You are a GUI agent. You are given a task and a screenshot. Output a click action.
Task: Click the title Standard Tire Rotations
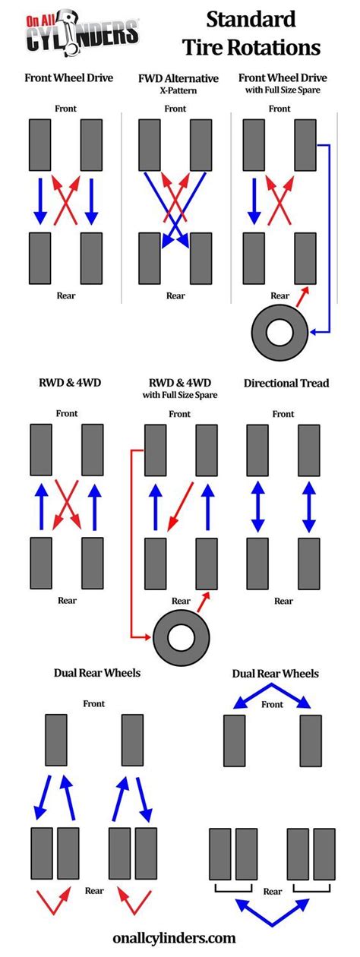pyautogui.click(x=251, y=33)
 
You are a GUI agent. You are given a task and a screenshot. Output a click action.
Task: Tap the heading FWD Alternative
pyautogui.click(x=178, y=77)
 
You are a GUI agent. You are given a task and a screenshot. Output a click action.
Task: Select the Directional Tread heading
pyautogui.click(x=286, y=383)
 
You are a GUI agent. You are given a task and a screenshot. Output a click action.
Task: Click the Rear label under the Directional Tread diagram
pyautogui.click(x=283, y=601)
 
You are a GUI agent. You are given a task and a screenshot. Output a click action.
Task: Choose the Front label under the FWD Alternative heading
pyautogui.click(x=175, y=109)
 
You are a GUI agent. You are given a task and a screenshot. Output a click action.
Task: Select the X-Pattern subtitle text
pyautogui.click(x=178, y=89)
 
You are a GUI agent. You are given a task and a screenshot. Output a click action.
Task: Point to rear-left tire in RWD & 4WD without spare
pyautogui.click(x=40, y=563)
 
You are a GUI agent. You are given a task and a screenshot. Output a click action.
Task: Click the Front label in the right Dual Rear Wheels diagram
pyautogui.click(x=271, y=704)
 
